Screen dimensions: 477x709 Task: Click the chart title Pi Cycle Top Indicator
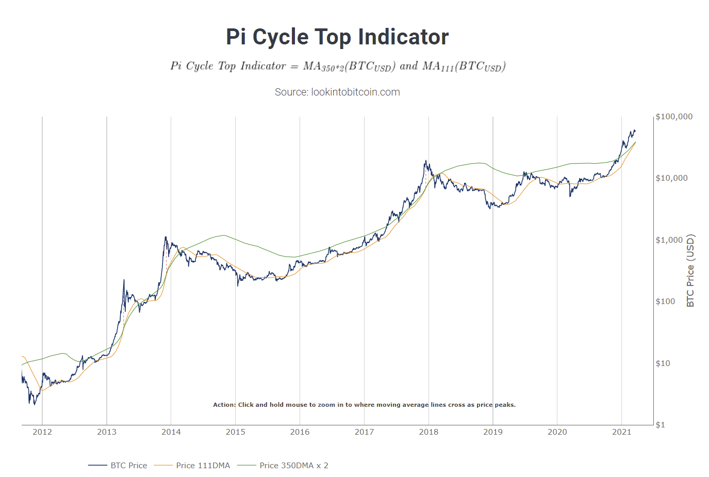point(337,37)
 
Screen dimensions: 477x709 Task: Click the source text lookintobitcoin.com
point(337,92)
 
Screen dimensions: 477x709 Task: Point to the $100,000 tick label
point(674,117)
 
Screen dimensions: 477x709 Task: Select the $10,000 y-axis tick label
point(671,178)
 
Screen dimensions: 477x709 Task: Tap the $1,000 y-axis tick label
point(669,240)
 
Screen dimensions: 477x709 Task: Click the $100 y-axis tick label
point(665,301)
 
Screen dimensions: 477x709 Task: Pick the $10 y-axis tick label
point(663,363)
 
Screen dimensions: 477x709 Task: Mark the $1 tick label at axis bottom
point(661,425)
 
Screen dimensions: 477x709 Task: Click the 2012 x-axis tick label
point(42,432)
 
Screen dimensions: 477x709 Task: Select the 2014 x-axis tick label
point(171,432)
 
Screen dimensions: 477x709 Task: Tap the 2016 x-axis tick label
point(300,432)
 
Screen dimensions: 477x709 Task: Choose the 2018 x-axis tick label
point(428,432)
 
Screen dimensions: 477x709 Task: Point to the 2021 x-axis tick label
point(621,432)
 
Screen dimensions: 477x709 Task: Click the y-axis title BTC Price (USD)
point(690,271)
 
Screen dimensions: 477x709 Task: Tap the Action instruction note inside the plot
point(364,405)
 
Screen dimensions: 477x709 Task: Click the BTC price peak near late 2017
point(426,161)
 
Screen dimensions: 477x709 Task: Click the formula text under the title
point(338,66)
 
